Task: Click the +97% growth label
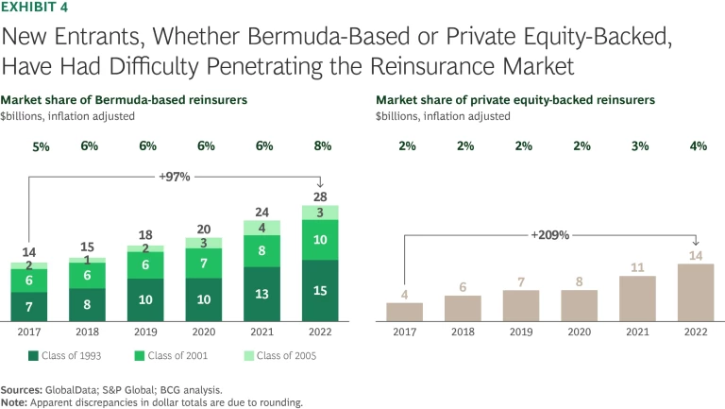pyautogui.click(x=176, y=176)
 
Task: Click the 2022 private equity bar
pyautogui.click(x=697, y=292)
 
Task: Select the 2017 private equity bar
pyautogui.click(x=404, y=311)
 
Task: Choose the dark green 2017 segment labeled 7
pyautogui.click(x=29, y=306)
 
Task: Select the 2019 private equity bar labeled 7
pyautogui.click(x=521, y=304)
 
